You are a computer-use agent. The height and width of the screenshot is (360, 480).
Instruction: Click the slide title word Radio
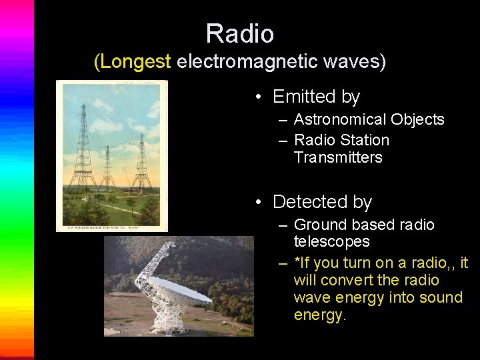pos(239,33)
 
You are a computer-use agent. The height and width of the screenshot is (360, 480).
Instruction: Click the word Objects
pos(419,119)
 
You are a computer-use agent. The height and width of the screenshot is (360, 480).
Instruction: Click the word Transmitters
pos(338,157)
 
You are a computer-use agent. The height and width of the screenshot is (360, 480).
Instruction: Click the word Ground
pos(321,225)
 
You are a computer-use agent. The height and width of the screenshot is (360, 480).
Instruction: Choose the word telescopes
pos(331,241)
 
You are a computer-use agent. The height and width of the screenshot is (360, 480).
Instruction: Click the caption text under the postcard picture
pos(111,227)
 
